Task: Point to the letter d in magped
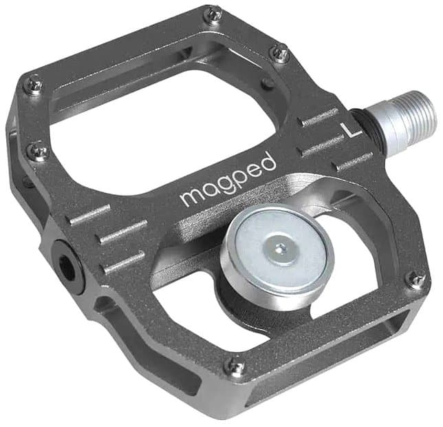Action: (268, 162)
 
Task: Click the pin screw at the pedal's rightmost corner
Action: (415, 279)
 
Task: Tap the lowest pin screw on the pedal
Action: (237, 368)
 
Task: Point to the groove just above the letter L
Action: (321, 118)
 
